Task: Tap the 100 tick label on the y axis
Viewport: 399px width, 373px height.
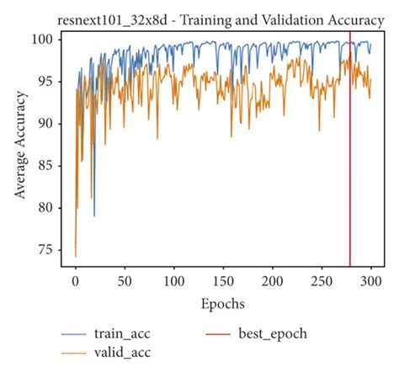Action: (43, 40)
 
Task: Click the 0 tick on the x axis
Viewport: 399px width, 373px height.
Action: (76, 280)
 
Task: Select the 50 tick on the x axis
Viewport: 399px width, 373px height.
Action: (125, 280)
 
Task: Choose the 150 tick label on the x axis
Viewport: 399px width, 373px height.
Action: (223, 280)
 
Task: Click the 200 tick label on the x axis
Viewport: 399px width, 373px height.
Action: (273, 280)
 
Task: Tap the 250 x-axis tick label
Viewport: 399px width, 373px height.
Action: (322, 280)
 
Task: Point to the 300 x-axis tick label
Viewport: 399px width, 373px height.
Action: (371, 280)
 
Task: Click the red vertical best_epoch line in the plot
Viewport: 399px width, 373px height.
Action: (349, 168)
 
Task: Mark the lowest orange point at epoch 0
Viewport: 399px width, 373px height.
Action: (76, 256)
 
